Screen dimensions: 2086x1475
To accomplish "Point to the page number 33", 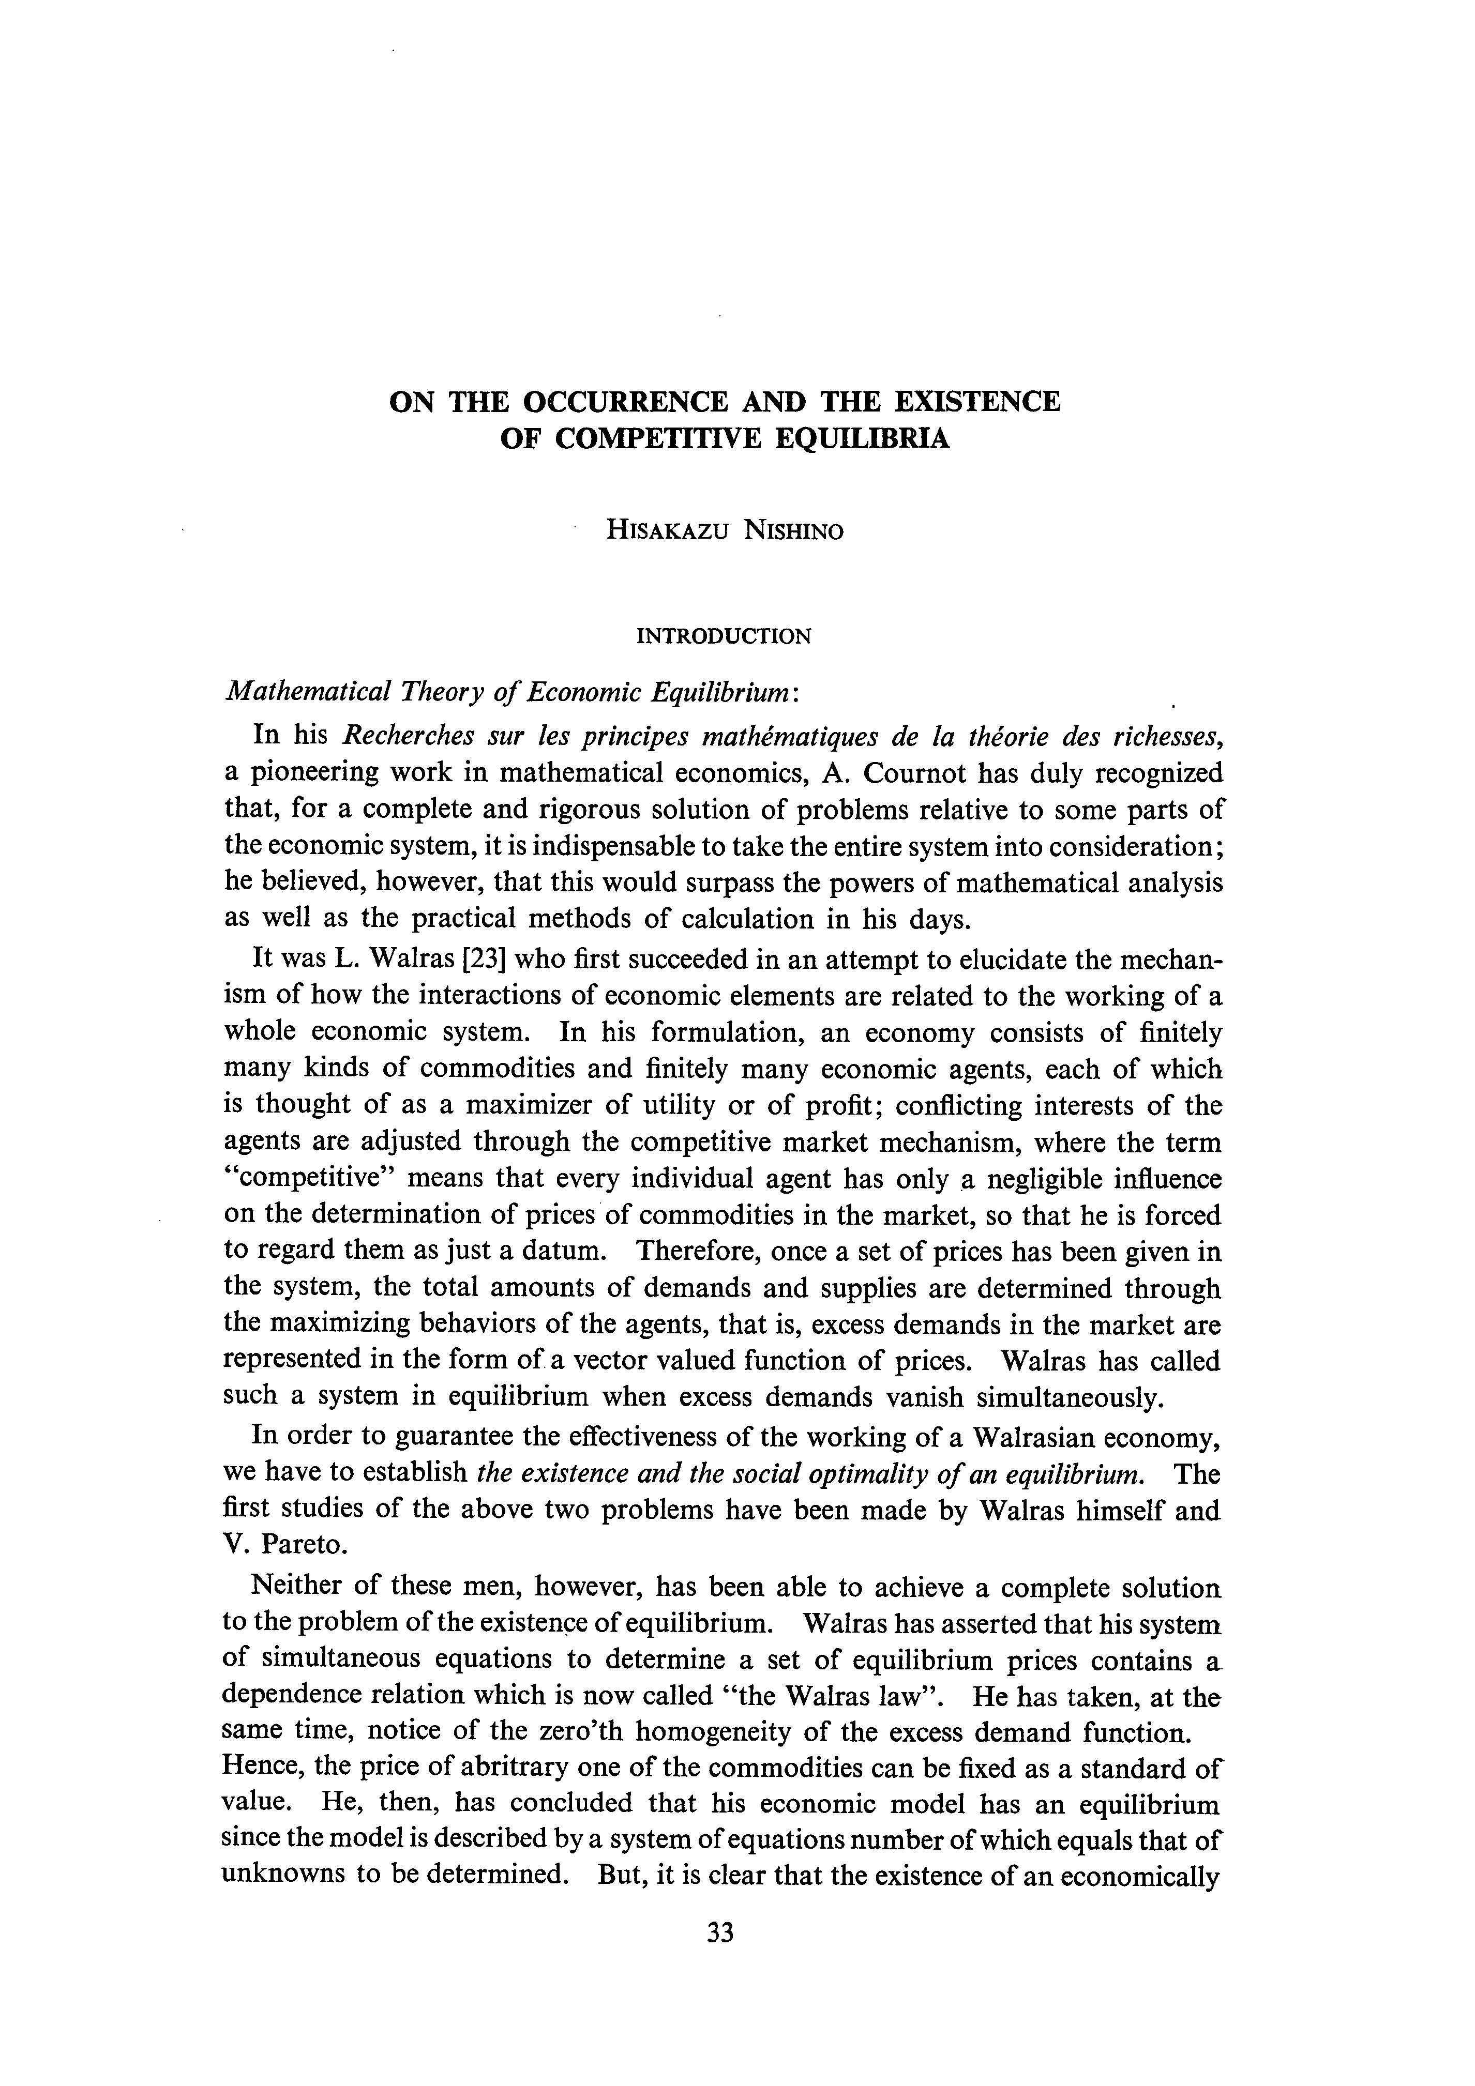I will (720, 1959).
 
